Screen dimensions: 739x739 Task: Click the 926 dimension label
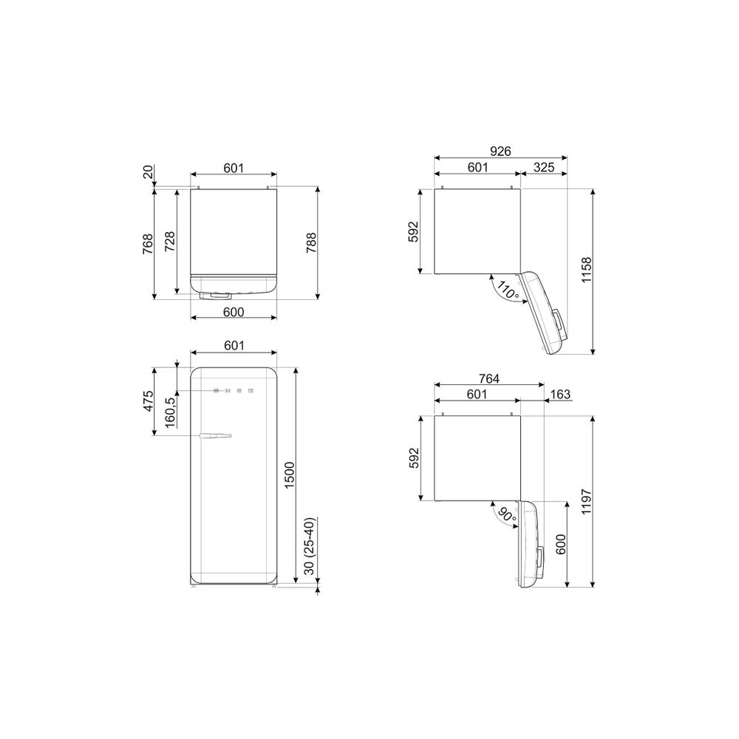point(500,151)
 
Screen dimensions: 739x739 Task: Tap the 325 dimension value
point(544,167)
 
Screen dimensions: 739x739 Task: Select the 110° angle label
point(507,292)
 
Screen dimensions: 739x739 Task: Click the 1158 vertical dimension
point(586,270)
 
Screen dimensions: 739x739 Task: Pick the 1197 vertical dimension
point(586,502)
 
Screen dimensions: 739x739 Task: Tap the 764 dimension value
point(488,378)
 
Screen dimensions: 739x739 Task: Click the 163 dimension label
point(560,394)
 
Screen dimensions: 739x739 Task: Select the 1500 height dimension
point(290,475)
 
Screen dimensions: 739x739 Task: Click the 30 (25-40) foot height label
point(309,546)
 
